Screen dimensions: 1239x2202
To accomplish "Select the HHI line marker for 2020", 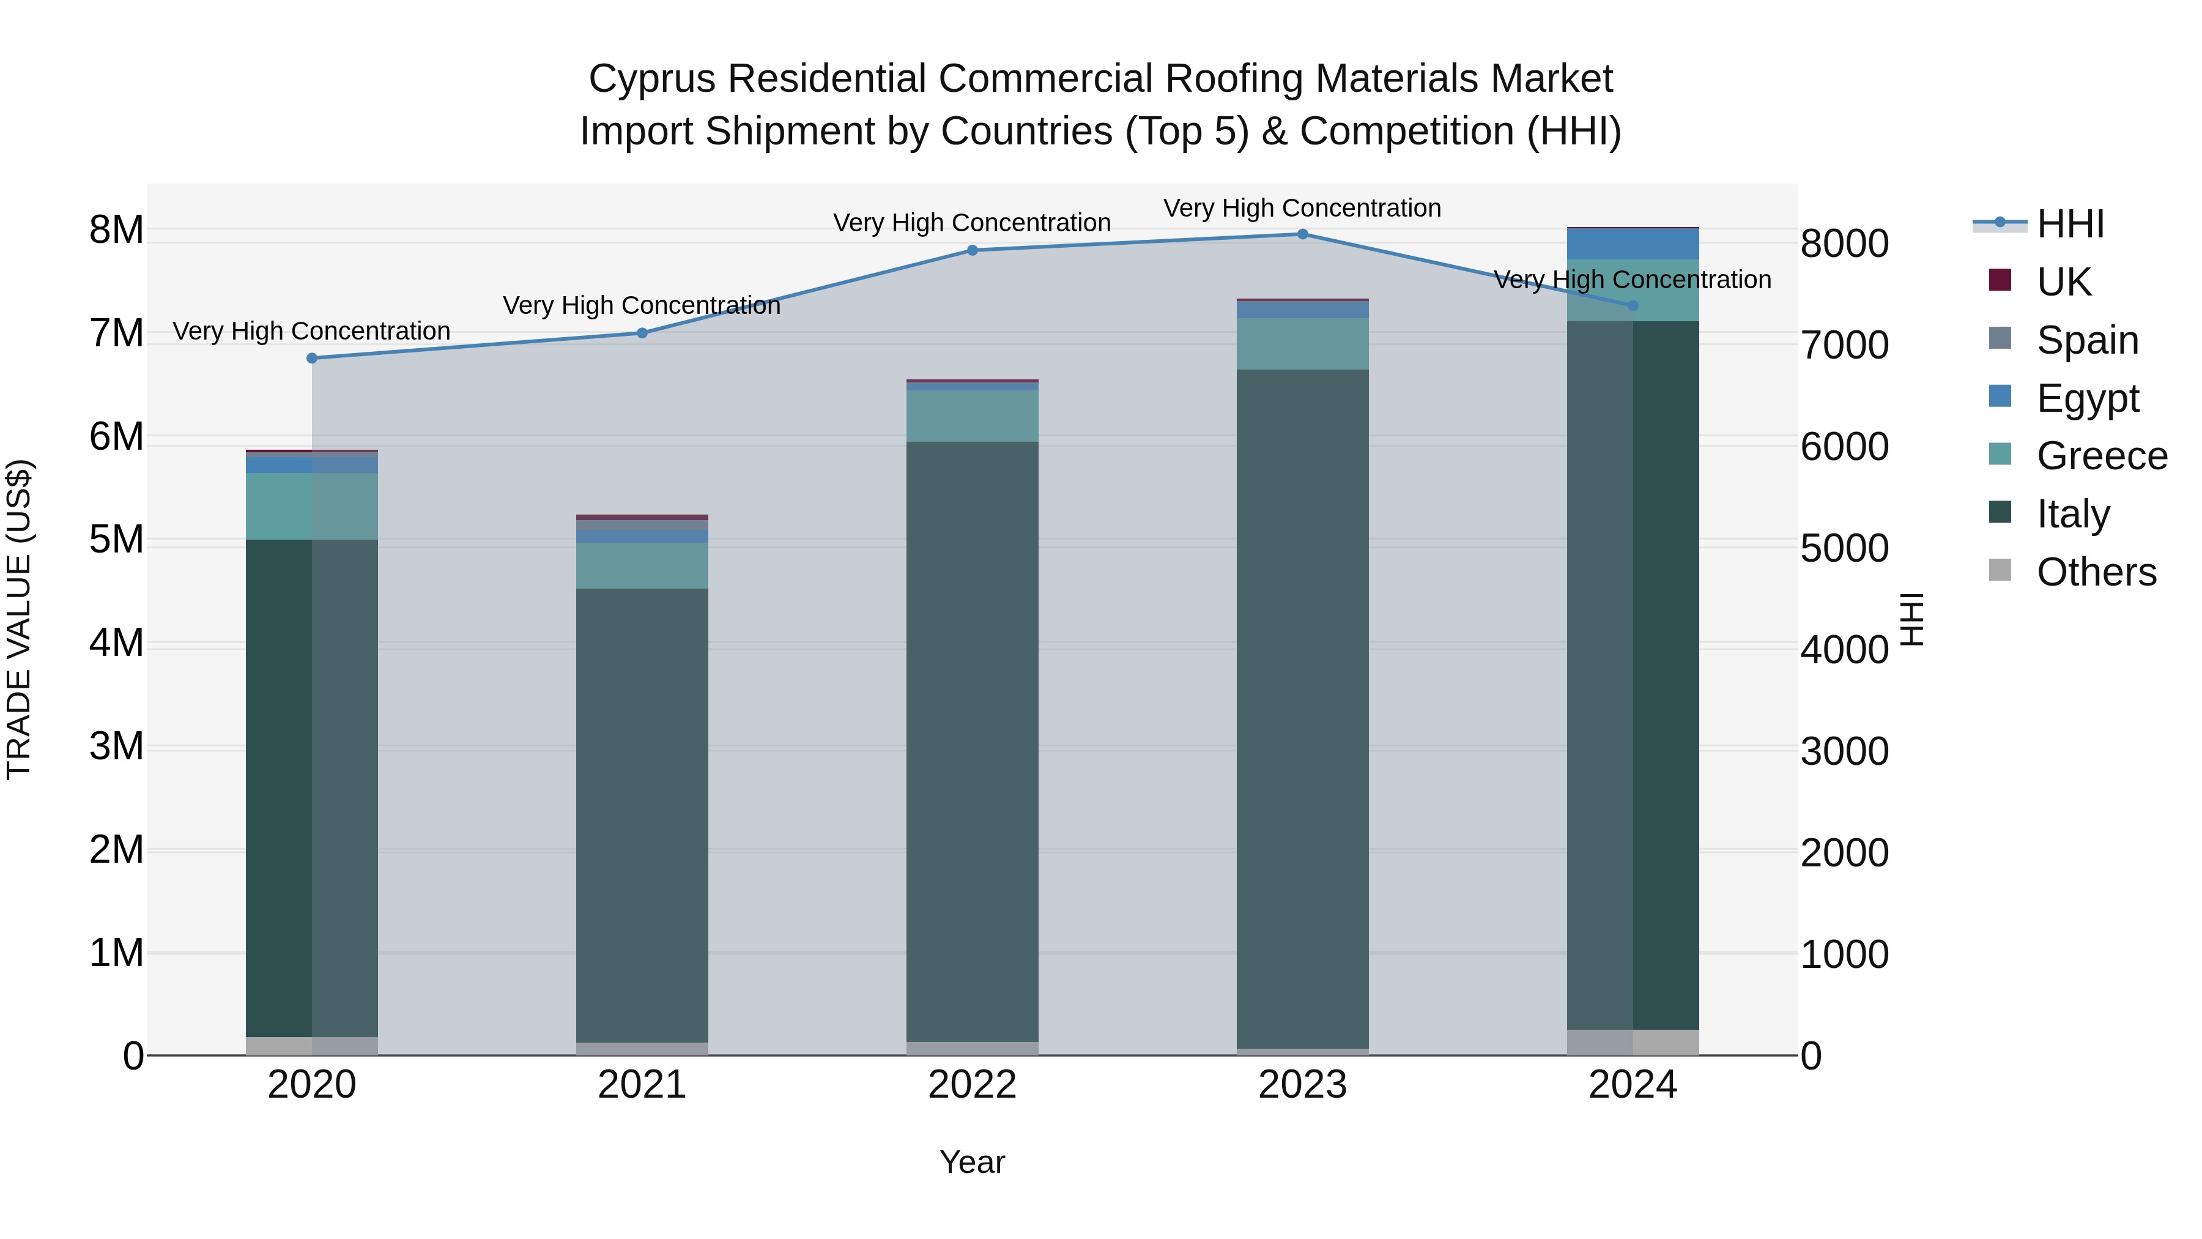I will (312, 359).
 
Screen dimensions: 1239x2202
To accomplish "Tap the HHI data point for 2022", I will (972, 250).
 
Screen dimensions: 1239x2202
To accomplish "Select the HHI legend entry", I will (2069, 224).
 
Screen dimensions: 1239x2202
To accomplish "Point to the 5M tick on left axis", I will (116, 540).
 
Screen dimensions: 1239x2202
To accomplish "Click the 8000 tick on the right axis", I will (1844, 244).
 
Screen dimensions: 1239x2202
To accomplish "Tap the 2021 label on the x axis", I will (642, 1085).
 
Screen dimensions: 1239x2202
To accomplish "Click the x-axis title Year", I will (972, 1163).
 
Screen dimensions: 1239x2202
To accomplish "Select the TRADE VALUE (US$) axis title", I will (19, 619).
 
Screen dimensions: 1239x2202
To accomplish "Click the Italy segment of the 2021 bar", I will (642, 813).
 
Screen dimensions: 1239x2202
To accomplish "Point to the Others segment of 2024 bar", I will (1633, 1043).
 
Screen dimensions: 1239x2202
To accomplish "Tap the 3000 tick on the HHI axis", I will (1844, 751).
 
